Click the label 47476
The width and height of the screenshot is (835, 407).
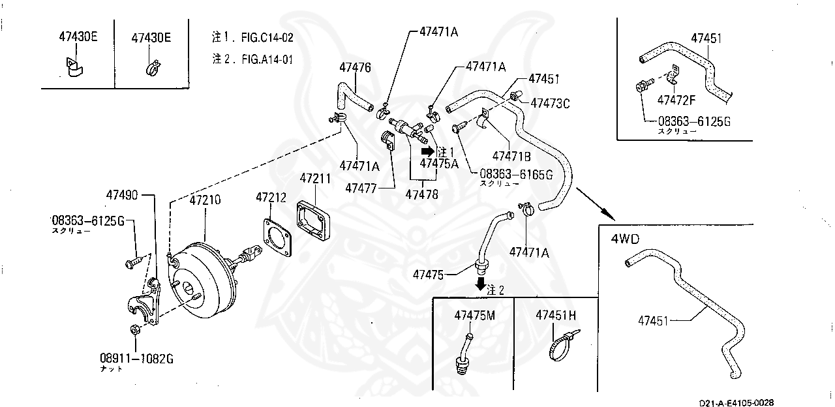pyautogui.click(x=355, y=67)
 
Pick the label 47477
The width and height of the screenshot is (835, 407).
pyautogui.click(x=361, y=188)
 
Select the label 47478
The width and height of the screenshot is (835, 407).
pyautogui.click(x=421, y=194)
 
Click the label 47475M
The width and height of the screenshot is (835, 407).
pyautogui.click(x=474, y=315)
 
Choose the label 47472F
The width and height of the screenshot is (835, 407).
pyautogui.click(x=676, y=100)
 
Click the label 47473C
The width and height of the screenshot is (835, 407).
pyautogui.click(x=550, y=103)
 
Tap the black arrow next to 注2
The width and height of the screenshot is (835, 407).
pyautogui.click(x=480, y=284)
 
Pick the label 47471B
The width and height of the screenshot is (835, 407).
pyautogui.click(x=511, y=156)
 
